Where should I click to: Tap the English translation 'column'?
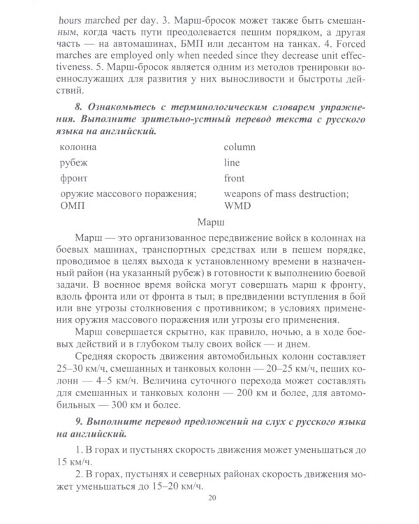click(240, 147)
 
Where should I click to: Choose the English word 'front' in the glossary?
click(234, 178)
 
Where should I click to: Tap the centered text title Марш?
click(212, 225)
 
